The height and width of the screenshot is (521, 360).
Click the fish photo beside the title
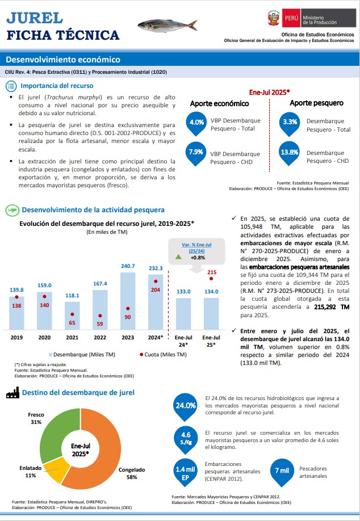(167, 25)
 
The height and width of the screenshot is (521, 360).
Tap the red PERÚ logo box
(291, 18)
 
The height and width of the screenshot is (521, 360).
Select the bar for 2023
(128, 301)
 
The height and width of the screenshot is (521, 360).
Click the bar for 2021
(72, 316)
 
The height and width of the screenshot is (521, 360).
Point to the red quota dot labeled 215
(211, 279)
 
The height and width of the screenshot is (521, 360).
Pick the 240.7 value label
(128, 266)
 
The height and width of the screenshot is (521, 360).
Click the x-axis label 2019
(16, 338)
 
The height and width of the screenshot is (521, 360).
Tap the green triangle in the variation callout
(178, 257)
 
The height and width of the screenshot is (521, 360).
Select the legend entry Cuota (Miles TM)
(163, 355)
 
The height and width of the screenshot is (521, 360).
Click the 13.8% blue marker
(289, 153)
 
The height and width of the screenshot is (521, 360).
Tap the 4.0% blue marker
(196, 123)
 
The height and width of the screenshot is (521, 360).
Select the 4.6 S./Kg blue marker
(186, 440)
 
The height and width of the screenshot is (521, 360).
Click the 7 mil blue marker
(282, 471)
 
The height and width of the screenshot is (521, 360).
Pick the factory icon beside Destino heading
(12, 393)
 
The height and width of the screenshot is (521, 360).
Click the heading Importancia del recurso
(57, 86)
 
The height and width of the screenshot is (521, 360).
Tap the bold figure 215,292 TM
(332, 307)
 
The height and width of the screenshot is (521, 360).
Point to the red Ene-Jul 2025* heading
(270, 93)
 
